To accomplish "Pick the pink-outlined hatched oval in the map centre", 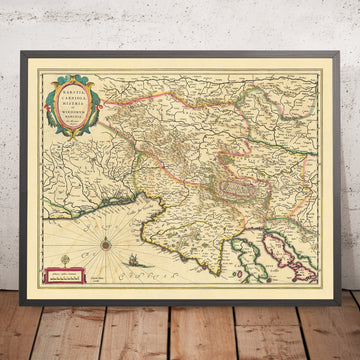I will coord(238,153).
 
